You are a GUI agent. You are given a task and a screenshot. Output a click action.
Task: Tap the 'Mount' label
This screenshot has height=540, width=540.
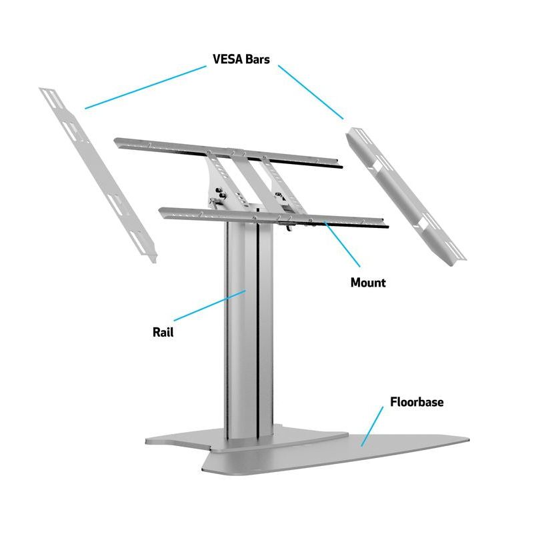click(x=368, y=282)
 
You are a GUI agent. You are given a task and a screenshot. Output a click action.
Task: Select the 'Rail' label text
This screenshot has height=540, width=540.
click(x=163, y=331)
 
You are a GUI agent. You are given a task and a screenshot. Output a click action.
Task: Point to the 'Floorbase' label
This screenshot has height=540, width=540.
click(x=417, y=402)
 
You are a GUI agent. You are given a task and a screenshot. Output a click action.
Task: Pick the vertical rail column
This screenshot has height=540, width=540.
click(x=248, y=333)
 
